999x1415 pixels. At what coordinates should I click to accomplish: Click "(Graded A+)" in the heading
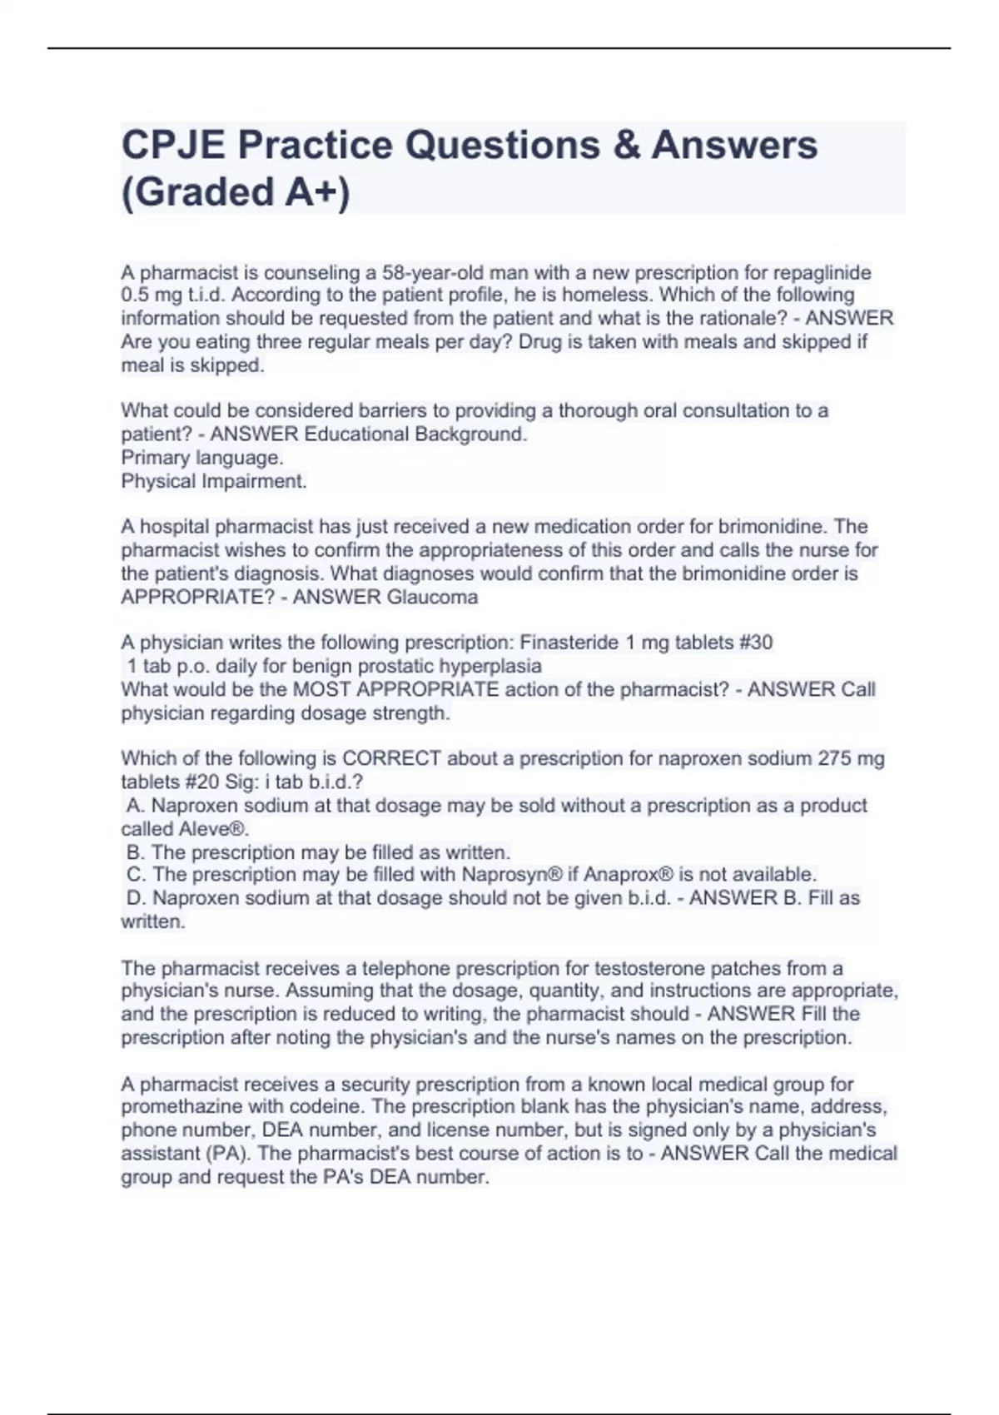pyautogui.click(x=236, y=191)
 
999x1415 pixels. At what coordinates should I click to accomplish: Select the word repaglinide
pyautogui.click(x=823, y=272)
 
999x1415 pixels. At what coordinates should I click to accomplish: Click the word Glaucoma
pyautogui.click(x=432, y=597)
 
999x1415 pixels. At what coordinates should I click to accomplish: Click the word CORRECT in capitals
pyautogui.click(x=391, y=758)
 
